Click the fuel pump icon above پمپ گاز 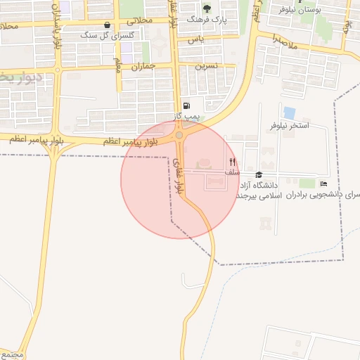tap(186, 106)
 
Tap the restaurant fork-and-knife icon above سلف tap(232, 161)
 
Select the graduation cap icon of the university tap(259, 174)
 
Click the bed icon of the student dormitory tap(323, 184)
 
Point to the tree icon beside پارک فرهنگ tap(207, 8)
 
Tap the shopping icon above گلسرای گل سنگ tap(106, 24)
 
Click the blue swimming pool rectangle tap(289, 112)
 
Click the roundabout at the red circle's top tap(179, 135)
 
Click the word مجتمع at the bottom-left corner tap(13, 354)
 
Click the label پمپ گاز tap(188, 115)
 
